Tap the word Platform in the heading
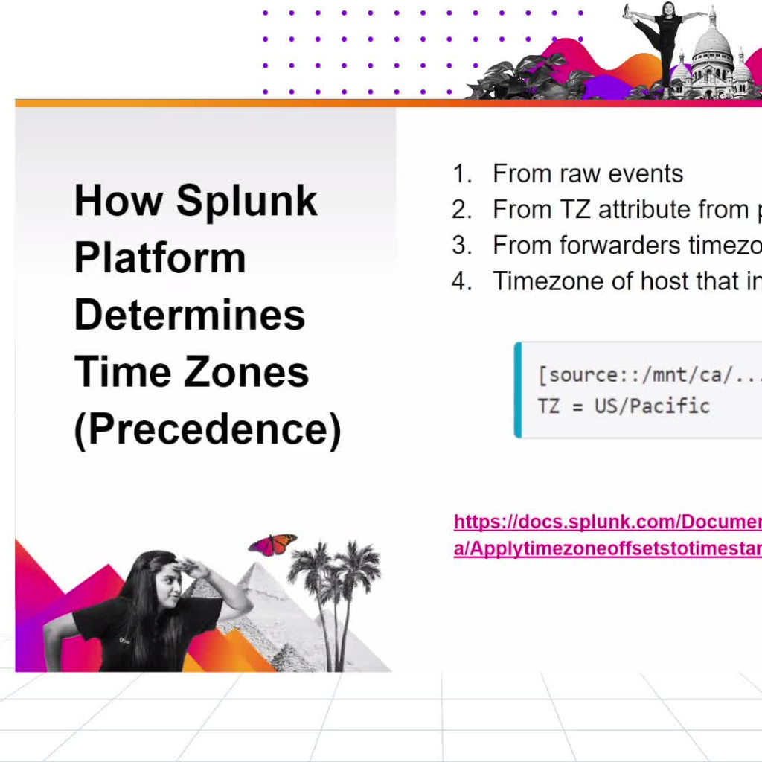(x=159, y=257)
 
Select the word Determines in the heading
(x=190, y=315)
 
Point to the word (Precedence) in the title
(x=208, y=429)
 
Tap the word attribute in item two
(x=647, y=210)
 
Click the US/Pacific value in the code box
(x=652, y=406)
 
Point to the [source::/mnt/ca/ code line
(x=647, y=374)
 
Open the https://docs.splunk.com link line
(x=607, y=522)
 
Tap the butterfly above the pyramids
(x=272, y=545)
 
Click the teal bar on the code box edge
(x=518, y=390)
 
